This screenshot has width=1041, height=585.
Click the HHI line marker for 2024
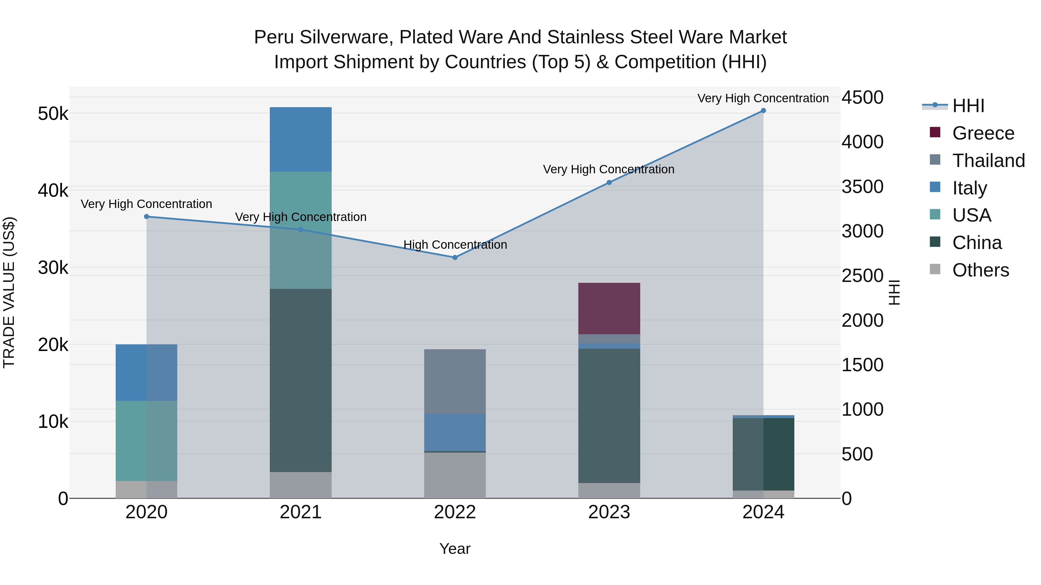(x=763, y=111)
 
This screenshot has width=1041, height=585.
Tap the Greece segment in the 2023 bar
(x=609, y=309)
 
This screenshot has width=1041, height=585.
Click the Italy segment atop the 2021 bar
(x=301, y=139)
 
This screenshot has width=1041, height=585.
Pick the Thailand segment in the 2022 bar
(x=455, y=382)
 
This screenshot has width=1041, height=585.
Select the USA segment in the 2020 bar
(x=146, y=441)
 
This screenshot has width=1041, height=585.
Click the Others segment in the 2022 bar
(x=455, y=475)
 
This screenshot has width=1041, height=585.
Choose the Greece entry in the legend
(x=983, y=133)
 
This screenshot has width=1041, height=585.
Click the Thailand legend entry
(x=988, y=161)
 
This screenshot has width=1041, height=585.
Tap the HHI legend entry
(x=968, y=106)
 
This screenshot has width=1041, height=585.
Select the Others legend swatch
(x=935, y=269)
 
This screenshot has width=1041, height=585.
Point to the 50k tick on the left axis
(x=53, y=114)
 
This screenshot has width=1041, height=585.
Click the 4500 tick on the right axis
(x=862, y=98)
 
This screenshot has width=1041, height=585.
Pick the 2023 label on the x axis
(x=609, y=512)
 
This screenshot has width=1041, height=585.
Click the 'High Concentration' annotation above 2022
(x=455, y=245)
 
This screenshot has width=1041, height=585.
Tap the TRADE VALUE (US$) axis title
(x=9, y=292)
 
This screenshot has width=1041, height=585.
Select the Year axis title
(x=455, y=549)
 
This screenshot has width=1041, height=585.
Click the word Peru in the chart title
(x=274, y=37)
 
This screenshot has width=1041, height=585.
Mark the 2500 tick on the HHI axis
(x=862, y=276)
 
